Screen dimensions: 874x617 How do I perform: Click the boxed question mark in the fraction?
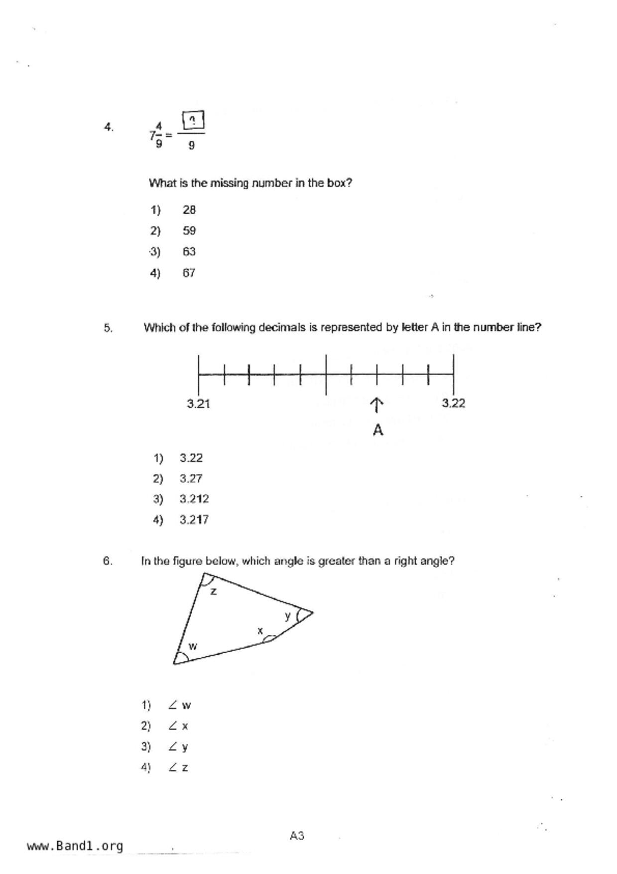coord(193,120)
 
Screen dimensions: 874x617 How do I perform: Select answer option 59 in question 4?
coord(189,231)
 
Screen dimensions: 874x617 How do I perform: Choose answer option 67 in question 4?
coord(189,273)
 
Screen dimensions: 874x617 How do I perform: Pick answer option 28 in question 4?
coord(189,210)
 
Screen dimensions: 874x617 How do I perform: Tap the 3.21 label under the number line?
coord(198,404)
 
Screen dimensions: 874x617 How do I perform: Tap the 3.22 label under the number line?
coord(453,403)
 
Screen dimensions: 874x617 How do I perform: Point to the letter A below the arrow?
coord(378,430)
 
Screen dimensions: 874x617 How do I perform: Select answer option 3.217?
coord(194,520)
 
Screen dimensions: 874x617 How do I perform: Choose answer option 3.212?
coord(194,499)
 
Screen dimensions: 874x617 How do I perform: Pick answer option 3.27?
coord(191,478)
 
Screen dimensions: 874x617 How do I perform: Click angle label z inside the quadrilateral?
coord(214,591)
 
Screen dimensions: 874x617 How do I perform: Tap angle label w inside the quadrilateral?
coord(193,646)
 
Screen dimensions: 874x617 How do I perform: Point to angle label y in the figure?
coord(288,616)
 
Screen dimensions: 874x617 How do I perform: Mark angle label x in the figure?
coord(260,631)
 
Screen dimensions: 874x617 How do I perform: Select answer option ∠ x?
coord(179,726)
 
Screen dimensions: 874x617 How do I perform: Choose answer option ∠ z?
coord(179,768)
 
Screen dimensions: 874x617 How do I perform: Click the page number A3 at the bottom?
coord(297,836)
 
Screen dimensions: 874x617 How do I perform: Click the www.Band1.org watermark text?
coord(75,846)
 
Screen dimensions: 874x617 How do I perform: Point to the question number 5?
coord(108,328)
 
